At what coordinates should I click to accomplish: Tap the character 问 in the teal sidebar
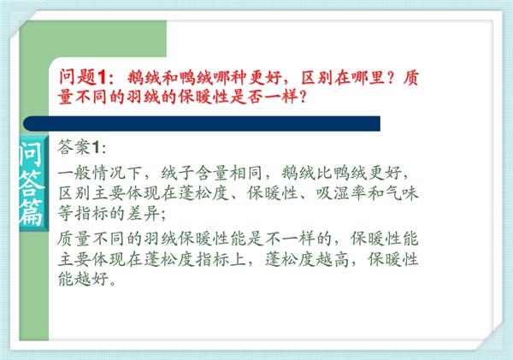tap(31, 154)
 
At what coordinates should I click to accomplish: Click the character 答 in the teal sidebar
tap(31, 183)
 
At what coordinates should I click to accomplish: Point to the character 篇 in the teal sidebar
tap(31, 212)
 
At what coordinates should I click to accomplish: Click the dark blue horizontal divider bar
tap(202, 123)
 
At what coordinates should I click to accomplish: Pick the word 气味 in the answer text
tap(402, 193)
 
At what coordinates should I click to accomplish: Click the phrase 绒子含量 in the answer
tap(194, 173)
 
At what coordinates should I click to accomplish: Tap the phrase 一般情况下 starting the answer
tap(100, 173)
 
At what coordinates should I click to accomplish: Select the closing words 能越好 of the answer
tap(83, 279)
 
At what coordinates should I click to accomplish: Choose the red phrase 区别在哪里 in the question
tap(343, 78)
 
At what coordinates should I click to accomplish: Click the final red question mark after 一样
tap(303, 97)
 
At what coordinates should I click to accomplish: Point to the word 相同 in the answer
tap(245, 173)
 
